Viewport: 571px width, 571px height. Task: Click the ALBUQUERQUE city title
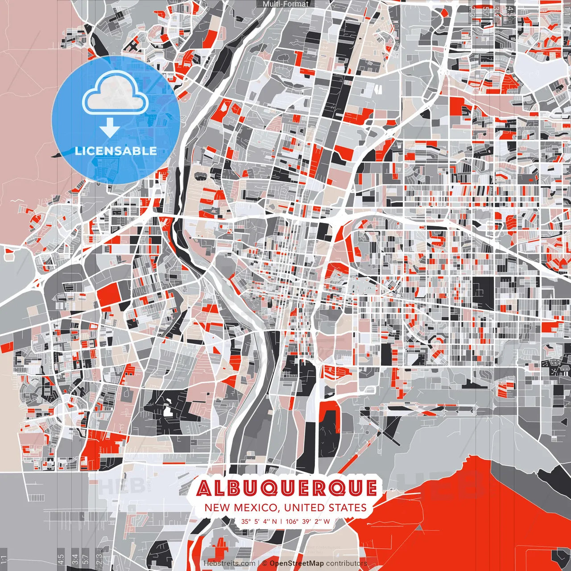click(x=286, y=488)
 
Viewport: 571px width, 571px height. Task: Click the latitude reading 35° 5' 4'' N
click(x=259, y=521)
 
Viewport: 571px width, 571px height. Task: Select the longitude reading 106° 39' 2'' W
click(x=308, y=521)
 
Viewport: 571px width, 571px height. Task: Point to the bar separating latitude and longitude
click(x=281, y=521)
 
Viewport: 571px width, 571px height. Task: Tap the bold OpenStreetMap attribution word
click(x=297, y=563)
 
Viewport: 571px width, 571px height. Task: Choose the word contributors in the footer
click(x=347, y=563)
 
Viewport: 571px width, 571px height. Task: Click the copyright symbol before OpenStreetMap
click(x=265, y=563)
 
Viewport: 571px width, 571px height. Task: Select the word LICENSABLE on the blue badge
click(x=116, y=151)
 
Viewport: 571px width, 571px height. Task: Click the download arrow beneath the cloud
click(x=109, y=128)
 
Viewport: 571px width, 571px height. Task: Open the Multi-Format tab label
click(x=285, y=4)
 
